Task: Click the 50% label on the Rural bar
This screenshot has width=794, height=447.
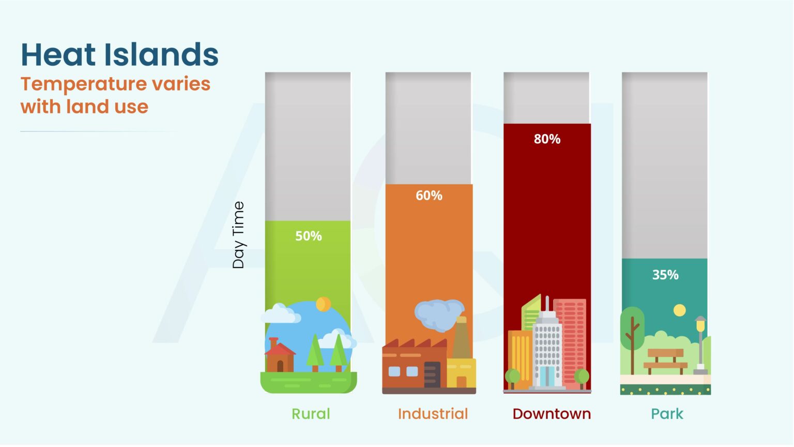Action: point(309,236)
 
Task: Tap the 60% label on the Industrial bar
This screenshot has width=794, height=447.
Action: point(429,196)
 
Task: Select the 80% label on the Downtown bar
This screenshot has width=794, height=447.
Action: point(547,139)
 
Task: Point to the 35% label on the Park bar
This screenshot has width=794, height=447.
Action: point(665,275)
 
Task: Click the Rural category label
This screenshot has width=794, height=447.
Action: point(311,414)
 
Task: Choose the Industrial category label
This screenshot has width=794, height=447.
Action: point(433,414)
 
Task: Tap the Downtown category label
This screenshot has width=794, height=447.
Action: point(552,414)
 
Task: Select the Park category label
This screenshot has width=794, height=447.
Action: point(667,414)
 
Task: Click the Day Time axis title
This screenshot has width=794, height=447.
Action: point(238,235)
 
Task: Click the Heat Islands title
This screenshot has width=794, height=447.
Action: point(119,55)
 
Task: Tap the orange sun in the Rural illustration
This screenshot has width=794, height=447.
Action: point(324,304)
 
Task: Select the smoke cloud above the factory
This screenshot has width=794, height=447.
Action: point(438,314)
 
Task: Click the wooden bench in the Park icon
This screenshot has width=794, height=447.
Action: point(665,361)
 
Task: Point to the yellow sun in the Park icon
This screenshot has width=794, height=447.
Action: point(680,310)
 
